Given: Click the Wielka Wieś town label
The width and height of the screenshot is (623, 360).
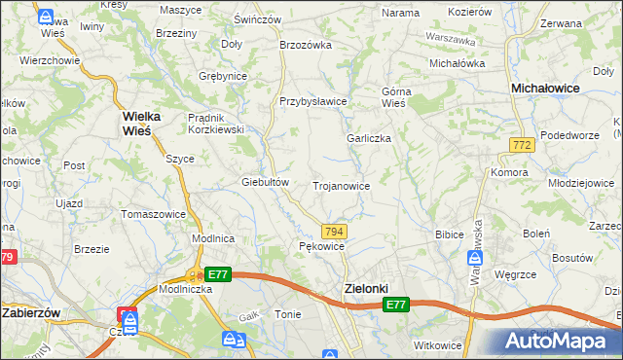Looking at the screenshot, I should pyautogui.click(x=148, y=124).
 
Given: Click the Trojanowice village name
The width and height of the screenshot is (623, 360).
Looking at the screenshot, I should pyautogui.click(x=341, y=185).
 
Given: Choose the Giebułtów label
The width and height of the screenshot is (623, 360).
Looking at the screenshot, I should pyautogui.click(x=266, y=182).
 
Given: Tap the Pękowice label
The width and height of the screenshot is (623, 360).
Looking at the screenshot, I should pyautogui.click(x=321, y=247).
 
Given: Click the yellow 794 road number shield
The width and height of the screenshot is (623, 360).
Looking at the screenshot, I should pyautogui.click(x=334, y=231).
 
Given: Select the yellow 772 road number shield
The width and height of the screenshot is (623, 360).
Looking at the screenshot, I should pyautogui.click(x=521, y=144).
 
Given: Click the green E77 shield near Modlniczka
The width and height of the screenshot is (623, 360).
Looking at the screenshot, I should pyautogui.click(x=218, y=275).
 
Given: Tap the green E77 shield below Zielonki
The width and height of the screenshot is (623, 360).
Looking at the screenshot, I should pyautogui.click(x=395, y=306).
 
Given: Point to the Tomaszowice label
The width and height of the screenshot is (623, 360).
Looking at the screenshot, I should pyautogui.click(x=152, y=213).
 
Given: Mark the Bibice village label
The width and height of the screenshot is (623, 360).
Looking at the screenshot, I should pyautogui.click(x=449, y=234).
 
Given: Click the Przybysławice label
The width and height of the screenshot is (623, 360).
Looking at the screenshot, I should pyautogui.click(x=313, y=101).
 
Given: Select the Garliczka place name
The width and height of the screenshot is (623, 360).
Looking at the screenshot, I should pyautogui.click(x=369, y=138).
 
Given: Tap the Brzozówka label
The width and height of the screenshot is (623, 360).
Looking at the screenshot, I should pyautogui.click(x=306, y=45).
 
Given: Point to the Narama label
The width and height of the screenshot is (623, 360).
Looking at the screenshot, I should pyautogui.click(x=400, y=13).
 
